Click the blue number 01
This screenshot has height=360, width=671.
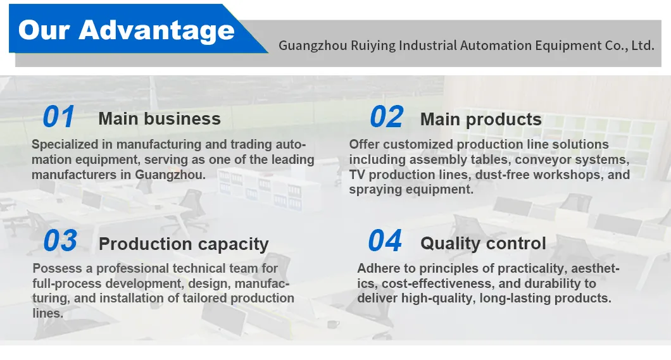[x=58, y=118]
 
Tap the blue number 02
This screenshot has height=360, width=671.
[x=386, y=118]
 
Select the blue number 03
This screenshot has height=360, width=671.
[x=60, y=241]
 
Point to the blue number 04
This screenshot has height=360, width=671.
[x=385, y=241]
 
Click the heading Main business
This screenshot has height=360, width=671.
[x=160, y=119]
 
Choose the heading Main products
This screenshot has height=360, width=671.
[x=480, y=120]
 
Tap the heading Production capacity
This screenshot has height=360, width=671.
[x=184, y=244]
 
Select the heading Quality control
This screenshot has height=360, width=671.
[x=483, y=244]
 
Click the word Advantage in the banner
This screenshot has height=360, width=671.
[x=156, y=30]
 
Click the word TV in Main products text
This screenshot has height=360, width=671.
[x=358, y=175]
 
